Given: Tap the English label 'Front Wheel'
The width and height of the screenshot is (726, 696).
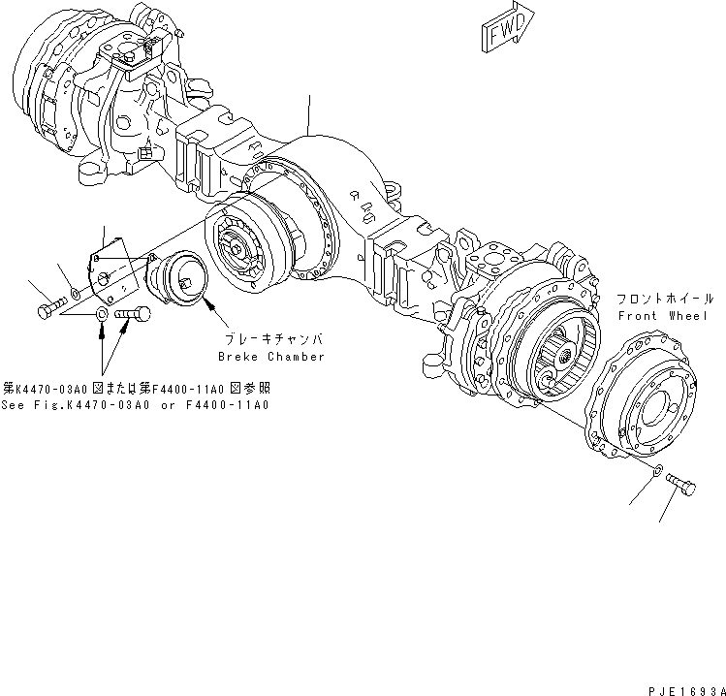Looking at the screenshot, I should coord(663,316).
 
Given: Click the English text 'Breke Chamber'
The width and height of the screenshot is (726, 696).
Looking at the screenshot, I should coord(272,356).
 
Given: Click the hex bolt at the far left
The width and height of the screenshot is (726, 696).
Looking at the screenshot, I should coord(49,311).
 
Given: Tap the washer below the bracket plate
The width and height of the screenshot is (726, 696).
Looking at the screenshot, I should coord(103,315).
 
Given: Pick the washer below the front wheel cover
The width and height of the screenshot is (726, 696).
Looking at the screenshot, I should coord(658,471).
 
